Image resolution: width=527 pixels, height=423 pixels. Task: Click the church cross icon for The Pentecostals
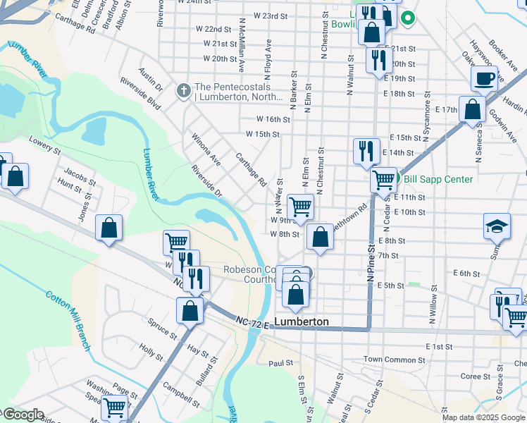[183, 90]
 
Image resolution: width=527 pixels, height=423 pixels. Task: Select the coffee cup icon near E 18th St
[484, 79]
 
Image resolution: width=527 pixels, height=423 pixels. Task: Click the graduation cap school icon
[497, 226]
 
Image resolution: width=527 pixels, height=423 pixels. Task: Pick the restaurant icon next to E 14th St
[366, 151]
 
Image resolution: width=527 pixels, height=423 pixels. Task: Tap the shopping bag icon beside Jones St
[108, 228]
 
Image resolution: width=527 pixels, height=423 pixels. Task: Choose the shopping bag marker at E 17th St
[471, 109]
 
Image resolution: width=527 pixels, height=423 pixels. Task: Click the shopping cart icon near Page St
[114, 407]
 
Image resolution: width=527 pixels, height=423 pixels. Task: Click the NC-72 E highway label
[252, 321]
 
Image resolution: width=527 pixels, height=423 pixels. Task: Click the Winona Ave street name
[206, 149]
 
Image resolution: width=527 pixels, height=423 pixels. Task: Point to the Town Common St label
[390, 360]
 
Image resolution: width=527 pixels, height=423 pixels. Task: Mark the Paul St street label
[280, 363]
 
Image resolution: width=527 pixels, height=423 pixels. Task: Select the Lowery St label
[45, 146]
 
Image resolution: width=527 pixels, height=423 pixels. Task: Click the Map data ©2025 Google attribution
[483, 417]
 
